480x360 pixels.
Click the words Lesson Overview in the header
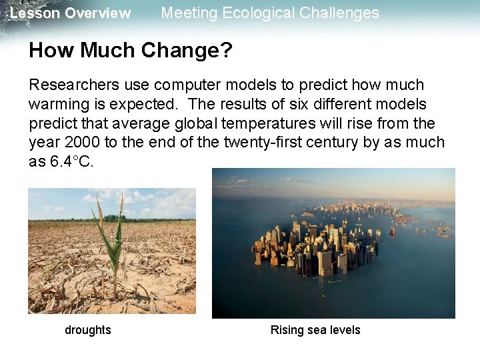[x=71, y=13]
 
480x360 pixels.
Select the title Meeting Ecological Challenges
[x=270, y=13]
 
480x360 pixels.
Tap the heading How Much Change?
[x=131, y=51]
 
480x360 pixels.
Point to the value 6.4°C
[x=72, y=163]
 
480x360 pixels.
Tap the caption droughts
[x=88, y=330]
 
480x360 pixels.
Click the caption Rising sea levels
[x=315, y=330]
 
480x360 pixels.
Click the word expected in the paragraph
[x=137, y=105]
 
